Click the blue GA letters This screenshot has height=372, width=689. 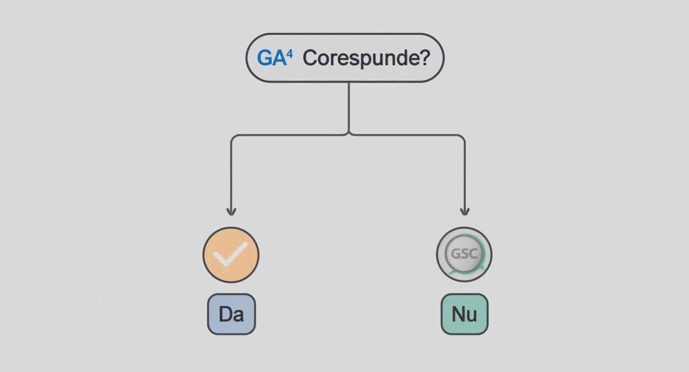click(272, 58)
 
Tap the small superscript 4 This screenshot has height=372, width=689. click(290, 55)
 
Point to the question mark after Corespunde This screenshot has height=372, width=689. click(424, 57)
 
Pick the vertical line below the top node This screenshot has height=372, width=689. click(349, 108)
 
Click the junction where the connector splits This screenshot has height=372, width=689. click(349, 134)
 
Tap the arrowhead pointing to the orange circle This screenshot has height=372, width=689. click(231, 212)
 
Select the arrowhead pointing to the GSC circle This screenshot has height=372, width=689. click(464, 212)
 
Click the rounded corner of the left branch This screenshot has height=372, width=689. click(233, 137)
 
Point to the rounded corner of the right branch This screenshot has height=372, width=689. click(462, 137)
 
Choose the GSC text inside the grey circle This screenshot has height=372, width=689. click(464, 254)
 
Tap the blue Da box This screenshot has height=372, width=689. click(231, 314)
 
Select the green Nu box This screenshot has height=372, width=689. click(464, 314)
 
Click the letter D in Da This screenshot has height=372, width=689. click(225, 314)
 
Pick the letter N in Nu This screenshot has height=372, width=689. click(458, 314)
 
